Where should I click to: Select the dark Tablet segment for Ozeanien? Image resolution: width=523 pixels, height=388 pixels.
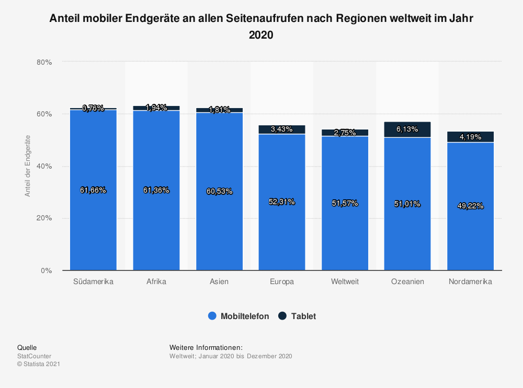(x=407, y=130)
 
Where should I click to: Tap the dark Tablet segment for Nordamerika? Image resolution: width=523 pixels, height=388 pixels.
(x=470, y=137)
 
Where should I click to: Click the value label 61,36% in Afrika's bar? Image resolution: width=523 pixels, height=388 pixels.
(x=156, y=190)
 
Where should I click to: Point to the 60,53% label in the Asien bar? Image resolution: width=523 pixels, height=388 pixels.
(x=219, y=191)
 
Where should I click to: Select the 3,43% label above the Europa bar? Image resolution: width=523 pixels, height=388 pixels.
(x=282, y=129)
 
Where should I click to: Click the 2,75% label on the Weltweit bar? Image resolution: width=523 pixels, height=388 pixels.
(x=345, y=133)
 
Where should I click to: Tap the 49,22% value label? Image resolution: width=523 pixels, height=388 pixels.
(x=470, y=206)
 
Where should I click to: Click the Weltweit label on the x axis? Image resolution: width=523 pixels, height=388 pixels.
(x=345, y=282)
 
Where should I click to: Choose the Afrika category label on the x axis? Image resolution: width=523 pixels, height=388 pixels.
(x=156, y=282)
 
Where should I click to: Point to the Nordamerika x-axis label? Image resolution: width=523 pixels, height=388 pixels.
(x=470, y=282)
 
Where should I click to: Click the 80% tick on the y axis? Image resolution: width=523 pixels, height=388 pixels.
(x=44, y=62)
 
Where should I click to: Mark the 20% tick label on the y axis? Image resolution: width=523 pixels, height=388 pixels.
(x=44, y=218)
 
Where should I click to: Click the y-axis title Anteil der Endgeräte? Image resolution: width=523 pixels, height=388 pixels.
(x=28, y=166)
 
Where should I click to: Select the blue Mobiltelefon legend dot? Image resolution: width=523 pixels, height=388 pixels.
(x=212, y=316)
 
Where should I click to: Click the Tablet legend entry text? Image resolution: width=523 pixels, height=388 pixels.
(x=303, y=316)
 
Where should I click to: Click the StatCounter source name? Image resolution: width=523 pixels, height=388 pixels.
(x=35, y=356)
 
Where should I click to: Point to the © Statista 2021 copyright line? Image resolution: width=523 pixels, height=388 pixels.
(x=39, y=364)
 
